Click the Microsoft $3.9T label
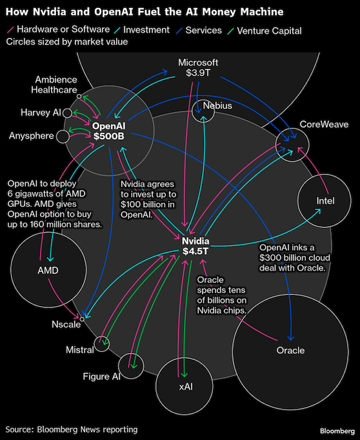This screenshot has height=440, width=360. coord(198,68)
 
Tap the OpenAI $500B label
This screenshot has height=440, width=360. coord(108,131)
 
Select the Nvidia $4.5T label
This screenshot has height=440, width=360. coord(195,246)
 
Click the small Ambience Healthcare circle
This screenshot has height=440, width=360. coord(79,97)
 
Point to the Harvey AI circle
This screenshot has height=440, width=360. coord(67,113)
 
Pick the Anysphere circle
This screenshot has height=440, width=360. coord(63,137)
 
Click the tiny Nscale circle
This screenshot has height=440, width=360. coord(82,319)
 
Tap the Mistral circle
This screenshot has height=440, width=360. coord(101,344)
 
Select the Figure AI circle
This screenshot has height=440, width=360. coord(131,366)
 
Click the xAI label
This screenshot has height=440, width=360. coord(186,387)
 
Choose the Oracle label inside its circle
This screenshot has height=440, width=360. coord(290,350)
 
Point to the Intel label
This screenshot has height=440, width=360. coord(325,200)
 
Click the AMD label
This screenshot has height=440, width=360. coord(48,270)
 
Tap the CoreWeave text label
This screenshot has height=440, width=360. coord(324,124)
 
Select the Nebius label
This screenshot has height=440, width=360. coord(217,106)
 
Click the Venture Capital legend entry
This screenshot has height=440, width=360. coord(265,30)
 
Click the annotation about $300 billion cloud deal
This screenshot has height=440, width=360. coord(295,258)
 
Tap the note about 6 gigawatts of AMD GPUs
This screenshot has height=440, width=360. coord(55,204)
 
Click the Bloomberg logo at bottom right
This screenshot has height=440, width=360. coord(337,431)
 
